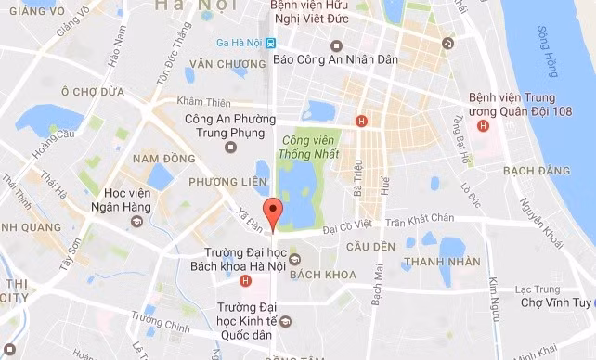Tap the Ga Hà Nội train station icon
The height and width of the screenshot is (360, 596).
point(269,43)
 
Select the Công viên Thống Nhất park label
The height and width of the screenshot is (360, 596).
point(304,143)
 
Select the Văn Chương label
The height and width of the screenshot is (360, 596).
point(220,64)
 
